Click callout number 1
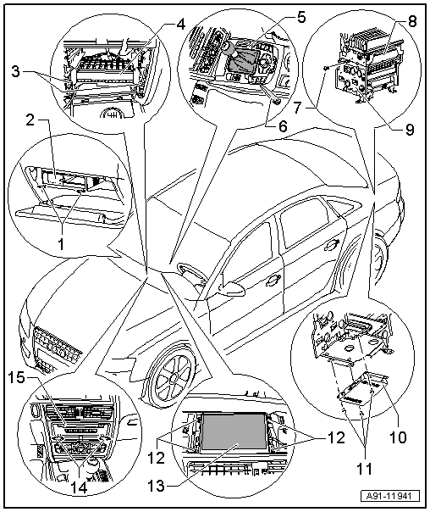61,243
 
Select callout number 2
30,120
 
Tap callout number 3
15,71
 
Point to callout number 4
180,25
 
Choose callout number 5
301,17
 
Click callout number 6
283,126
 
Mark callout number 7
297,108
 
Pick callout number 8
412,21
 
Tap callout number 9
409,130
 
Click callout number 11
364,469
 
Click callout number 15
16,377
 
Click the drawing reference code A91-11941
390,497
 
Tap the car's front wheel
170,376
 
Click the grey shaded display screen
234,431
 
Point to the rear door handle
332,245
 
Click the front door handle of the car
273,279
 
